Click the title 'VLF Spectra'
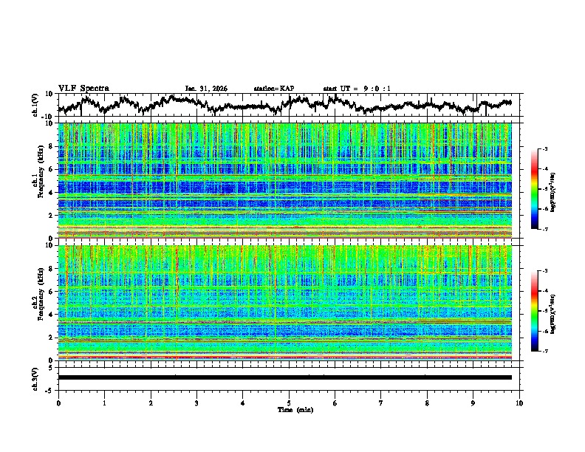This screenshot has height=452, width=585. (83, 88)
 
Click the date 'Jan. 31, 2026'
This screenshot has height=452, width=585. (206, 89)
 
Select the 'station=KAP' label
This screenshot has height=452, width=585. (273, 89)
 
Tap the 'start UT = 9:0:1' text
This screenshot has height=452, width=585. (357, 89)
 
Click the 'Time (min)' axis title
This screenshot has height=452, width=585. (288, 409)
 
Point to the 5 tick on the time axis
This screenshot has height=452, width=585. (289, 403)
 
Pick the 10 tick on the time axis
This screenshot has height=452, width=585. (519, 403)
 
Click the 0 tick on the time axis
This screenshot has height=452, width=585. (58, 403)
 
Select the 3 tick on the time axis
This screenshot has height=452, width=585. (196, 403)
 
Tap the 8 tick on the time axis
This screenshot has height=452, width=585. (427, 403)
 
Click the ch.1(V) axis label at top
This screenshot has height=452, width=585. (35, 105)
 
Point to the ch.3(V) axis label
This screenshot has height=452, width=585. (35, 377)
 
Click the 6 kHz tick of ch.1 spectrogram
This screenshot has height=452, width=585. (52, 169)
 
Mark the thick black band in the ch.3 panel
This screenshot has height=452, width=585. (285, 377)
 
